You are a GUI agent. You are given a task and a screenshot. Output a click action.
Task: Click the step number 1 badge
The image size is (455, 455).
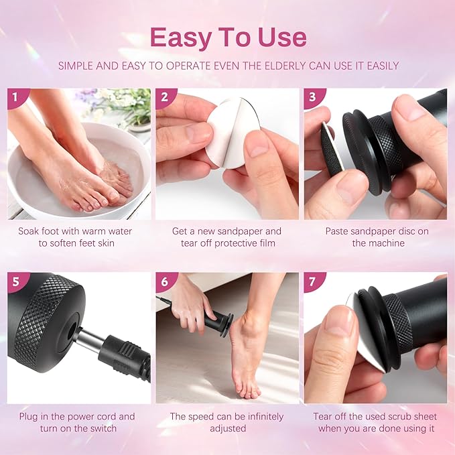point(15,97)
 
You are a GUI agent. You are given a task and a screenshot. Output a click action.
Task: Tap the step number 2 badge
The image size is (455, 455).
point(164,97)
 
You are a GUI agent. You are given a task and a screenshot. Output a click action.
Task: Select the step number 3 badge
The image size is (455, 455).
point(312,97)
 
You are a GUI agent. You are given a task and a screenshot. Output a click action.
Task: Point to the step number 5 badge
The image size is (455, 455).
point(15,281)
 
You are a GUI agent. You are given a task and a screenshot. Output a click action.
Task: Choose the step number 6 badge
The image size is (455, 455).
point(164,281)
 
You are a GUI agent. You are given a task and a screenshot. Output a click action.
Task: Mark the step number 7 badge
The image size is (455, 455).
point(312,281)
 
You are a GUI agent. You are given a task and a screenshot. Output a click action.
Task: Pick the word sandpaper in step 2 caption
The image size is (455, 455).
point(240,231)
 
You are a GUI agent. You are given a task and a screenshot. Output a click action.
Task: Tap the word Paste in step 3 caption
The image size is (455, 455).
point(338,231)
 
